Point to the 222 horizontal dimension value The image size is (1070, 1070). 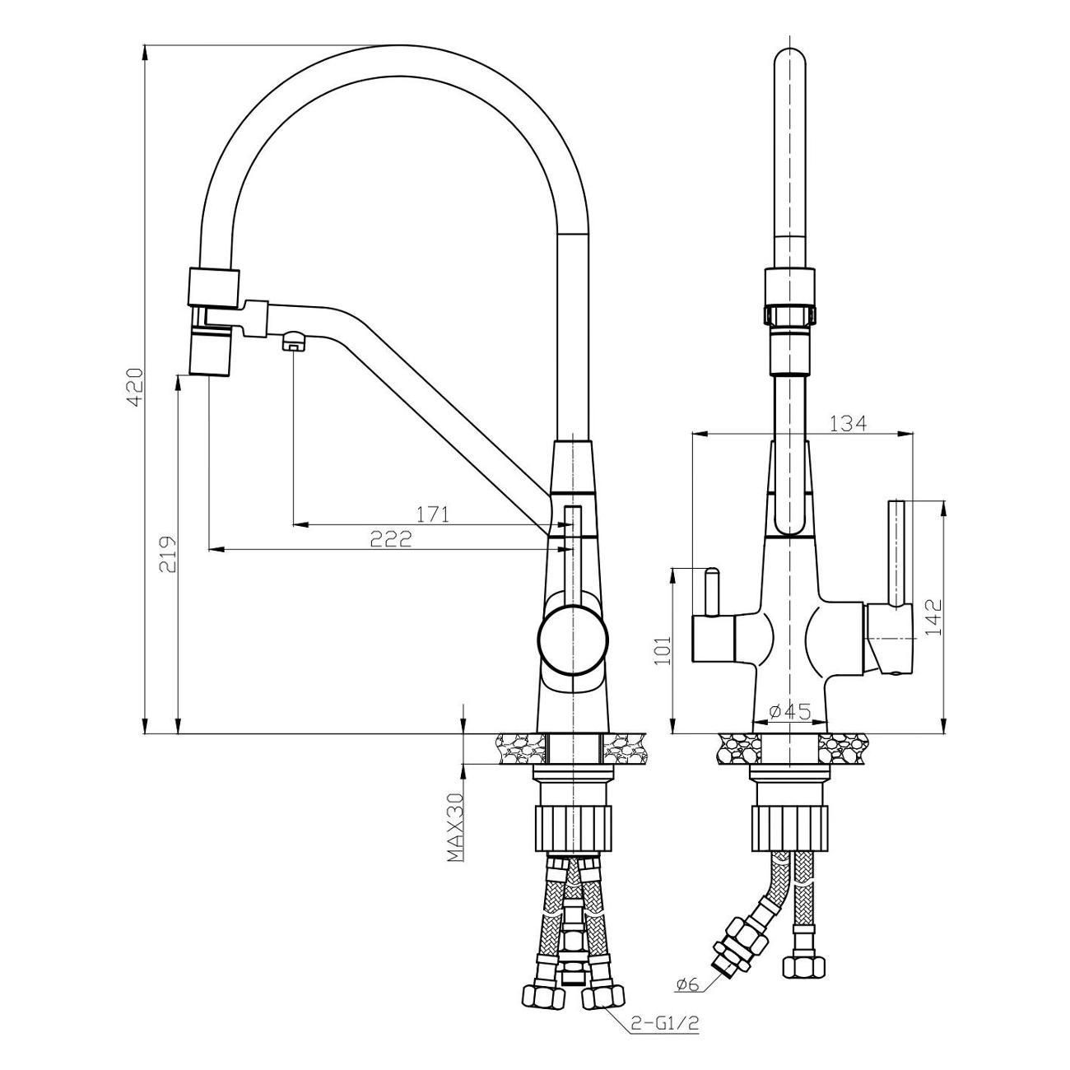390,538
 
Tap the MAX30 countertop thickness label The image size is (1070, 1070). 455,828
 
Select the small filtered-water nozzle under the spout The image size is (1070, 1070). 293,340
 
